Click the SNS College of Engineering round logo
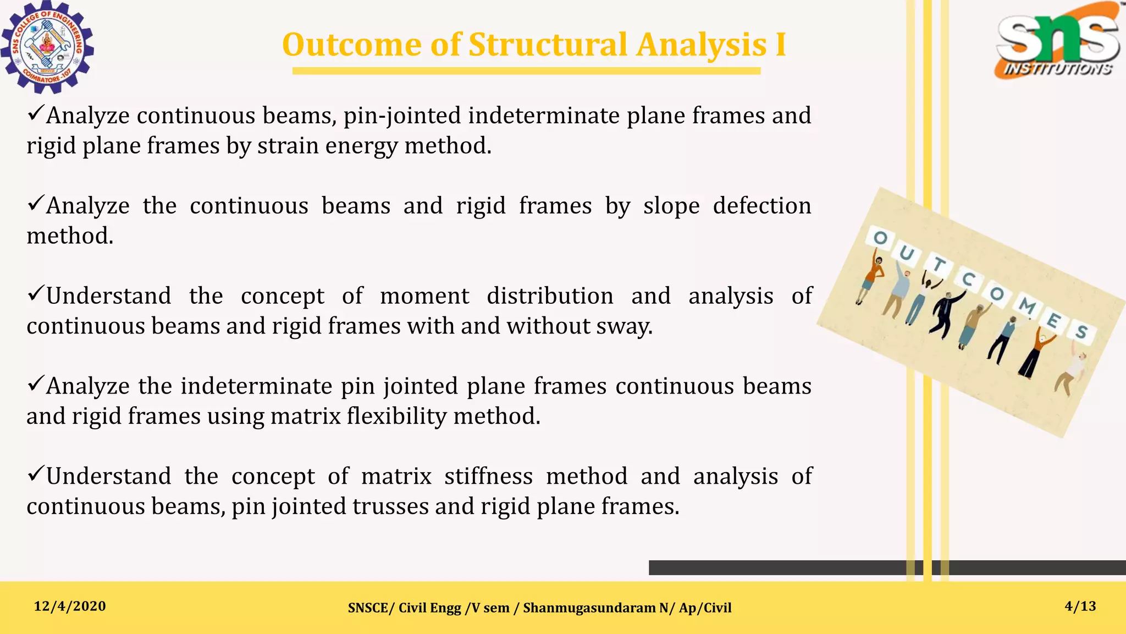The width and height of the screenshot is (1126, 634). click(47, 47)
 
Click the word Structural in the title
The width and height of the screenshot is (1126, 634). click(548, 45)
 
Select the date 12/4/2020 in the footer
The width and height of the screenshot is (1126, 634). click(70, 606)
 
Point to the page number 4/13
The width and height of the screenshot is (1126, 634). click(1080, 606)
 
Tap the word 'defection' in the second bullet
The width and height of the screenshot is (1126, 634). click(761, 206)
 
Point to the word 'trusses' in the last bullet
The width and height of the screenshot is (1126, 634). click(390, 506)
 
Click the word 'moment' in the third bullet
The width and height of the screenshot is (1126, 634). click(424, 296)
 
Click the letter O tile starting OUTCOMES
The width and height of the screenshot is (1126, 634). click(881, 238)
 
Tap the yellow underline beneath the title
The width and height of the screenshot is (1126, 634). click(526, 70)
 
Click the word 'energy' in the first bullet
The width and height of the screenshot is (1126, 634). click(361, 146)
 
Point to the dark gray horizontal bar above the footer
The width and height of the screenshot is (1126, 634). click(770, 567)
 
